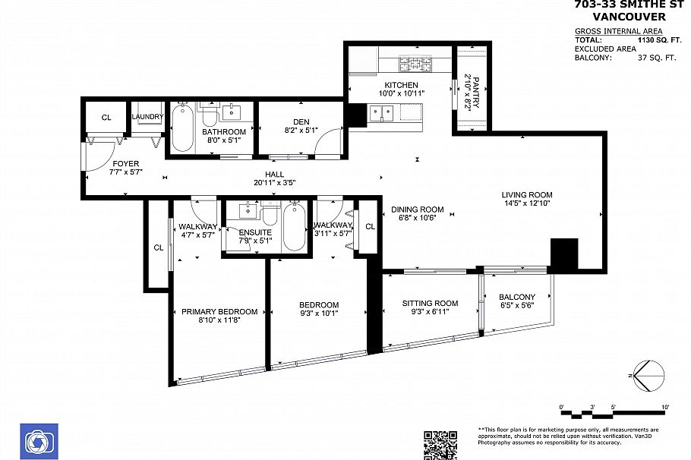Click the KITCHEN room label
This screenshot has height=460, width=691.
400,84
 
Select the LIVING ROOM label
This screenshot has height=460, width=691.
528,194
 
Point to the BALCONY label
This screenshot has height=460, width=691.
517,297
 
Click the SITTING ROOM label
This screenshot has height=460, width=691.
430,304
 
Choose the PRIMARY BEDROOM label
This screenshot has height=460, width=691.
219,311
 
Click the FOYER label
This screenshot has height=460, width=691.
126,163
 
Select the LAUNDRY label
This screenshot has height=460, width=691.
147,117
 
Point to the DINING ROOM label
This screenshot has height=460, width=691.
417,210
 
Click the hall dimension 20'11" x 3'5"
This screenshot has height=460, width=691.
275,183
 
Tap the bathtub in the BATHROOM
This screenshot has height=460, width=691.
182,130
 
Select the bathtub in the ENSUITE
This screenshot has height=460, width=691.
294,226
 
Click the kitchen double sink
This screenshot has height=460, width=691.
381,114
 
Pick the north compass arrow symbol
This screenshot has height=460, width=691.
646,376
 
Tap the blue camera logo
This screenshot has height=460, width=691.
38,441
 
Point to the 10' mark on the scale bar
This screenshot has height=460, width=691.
664,408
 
